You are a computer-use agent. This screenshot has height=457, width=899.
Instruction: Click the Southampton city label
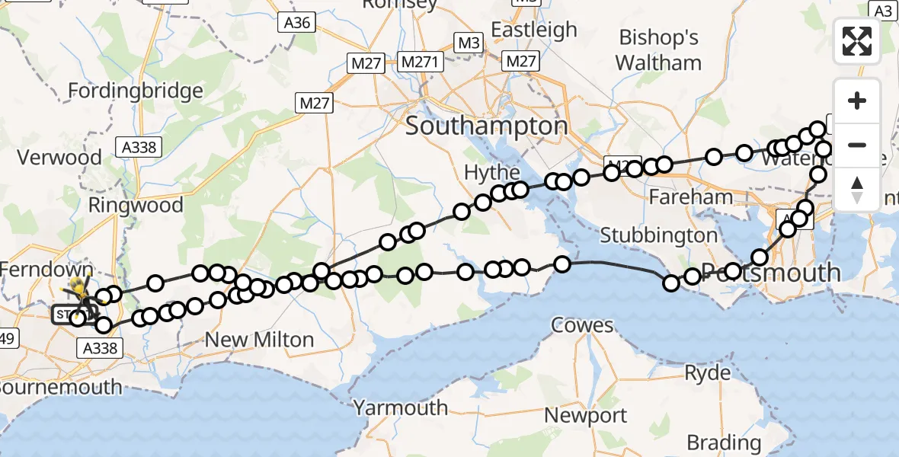486,126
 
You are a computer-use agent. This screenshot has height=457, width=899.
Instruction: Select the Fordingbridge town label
136,91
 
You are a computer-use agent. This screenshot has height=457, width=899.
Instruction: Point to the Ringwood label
136,205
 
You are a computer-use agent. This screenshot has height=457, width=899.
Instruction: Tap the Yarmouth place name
401,407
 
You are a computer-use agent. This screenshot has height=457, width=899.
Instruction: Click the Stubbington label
659,235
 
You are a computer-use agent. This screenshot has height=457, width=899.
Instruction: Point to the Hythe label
492,173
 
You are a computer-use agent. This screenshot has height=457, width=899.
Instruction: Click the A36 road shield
296,23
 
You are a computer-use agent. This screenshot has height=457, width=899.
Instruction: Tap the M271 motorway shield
421,62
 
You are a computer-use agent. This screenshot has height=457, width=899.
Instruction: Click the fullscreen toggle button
857,41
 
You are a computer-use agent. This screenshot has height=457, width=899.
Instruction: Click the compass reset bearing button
857,190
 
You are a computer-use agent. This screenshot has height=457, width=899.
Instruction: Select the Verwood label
59,158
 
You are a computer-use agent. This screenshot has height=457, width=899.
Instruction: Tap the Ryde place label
708,373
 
